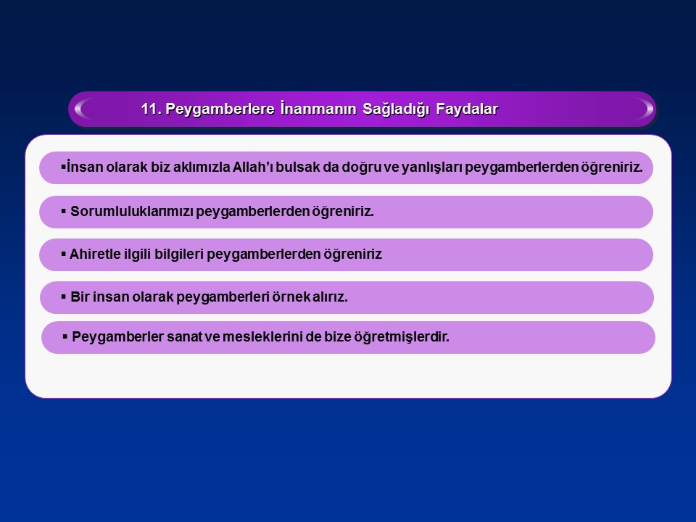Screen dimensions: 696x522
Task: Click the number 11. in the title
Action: point(151,109)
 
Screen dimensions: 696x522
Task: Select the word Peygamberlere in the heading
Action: point(220,109)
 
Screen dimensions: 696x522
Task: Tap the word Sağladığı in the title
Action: point(396,109)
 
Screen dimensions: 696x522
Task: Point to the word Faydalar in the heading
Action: point(467,109)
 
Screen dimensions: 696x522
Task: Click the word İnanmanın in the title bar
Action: point(318,109)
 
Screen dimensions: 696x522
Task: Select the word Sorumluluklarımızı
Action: point(132,211)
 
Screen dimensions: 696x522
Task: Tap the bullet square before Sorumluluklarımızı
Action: point(64,211)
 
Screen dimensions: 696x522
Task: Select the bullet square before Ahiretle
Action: point(64,254)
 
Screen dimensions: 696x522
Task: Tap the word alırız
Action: point(330,297)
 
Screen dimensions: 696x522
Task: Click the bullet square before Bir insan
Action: point(64,297)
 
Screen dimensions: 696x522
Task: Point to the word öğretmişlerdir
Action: point(401,337)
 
